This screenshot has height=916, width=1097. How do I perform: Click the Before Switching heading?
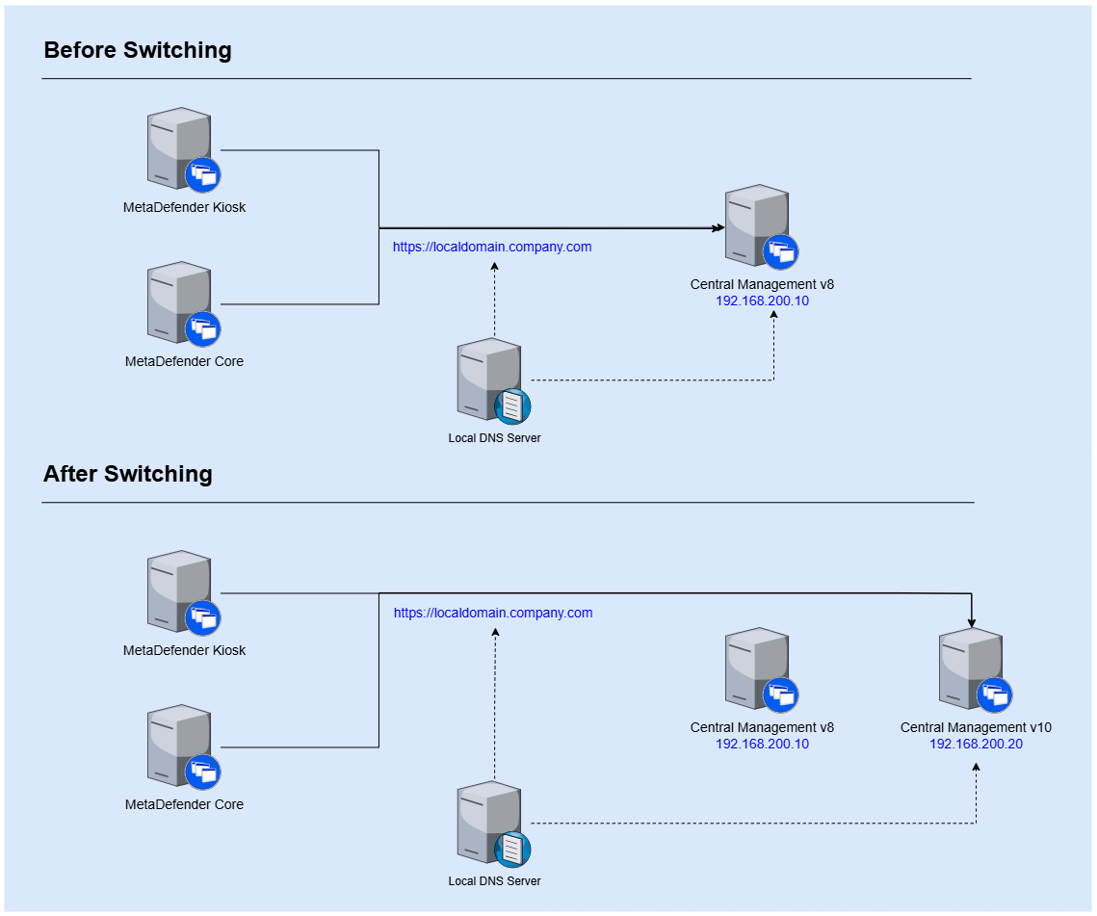(138, 50)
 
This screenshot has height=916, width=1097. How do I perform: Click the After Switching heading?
(128, 474)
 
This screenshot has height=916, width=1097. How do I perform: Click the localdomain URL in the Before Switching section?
(492, 248)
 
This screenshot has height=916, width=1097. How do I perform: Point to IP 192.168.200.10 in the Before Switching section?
(762, 301)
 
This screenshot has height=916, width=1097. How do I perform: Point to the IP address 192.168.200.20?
(976, 744)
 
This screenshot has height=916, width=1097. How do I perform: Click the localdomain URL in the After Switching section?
(493, 614)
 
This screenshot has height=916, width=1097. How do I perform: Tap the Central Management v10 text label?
(976, 728)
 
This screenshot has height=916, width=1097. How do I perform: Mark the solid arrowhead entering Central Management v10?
(972, 622)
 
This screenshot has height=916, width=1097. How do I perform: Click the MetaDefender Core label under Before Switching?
(184, 362)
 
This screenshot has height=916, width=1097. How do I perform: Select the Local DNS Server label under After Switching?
(494, 881)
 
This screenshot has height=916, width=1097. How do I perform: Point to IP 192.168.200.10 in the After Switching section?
(762, 744)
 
